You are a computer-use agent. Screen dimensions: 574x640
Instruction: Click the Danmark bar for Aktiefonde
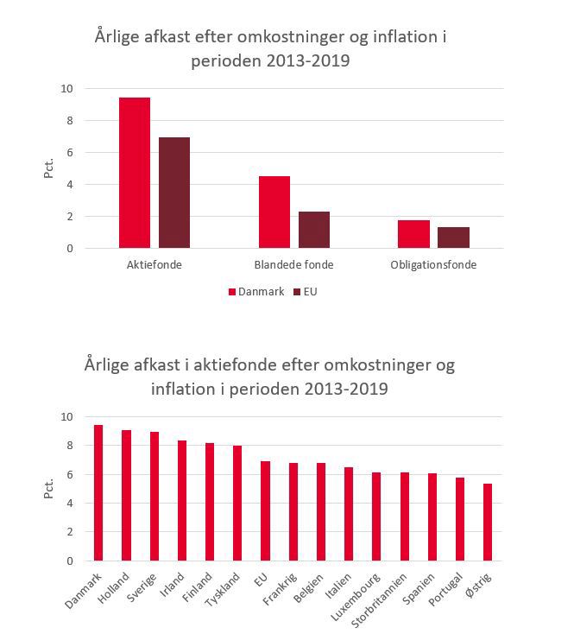coord(135,173)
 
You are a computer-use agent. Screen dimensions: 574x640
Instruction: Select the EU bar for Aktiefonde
coord(174,193)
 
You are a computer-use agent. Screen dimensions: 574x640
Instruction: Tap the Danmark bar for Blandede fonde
coord(274,212)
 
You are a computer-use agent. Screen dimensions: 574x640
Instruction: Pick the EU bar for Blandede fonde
coord(314,230)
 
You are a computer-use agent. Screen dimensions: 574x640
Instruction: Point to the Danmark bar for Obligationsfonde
coord(413,234)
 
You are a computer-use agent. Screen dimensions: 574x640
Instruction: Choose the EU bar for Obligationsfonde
coord(454,238)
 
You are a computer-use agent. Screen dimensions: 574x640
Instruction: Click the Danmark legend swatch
coord(232,292)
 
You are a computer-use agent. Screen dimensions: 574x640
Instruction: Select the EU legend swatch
coord(297,292)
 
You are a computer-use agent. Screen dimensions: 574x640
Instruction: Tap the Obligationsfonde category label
coord(433,265)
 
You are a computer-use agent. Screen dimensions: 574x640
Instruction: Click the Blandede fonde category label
coord(293,265)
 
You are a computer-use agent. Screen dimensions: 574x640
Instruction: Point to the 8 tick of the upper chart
coord(70,120)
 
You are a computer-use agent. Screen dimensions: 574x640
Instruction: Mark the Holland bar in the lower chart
coord(127,495)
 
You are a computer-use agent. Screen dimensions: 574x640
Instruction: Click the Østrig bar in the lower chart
coord(488,522)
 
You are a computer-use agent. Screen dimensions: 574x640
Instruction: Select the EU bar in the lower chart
coord(265,510)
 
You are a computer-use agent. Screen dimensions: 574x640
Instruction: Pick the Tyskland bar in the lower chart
coord(237,503)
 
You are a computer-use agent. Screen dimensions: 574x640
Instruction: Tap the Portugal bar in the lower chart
coord(460,519)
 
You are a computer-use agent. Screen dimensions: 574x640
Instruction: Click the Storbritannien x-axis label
coord(379,599)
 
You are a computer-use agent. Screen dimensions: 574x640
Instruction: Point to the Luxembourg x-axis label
coord(356,597)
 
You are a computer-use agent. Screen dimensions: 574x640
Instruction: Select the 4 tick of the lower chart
coord(70,503)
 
